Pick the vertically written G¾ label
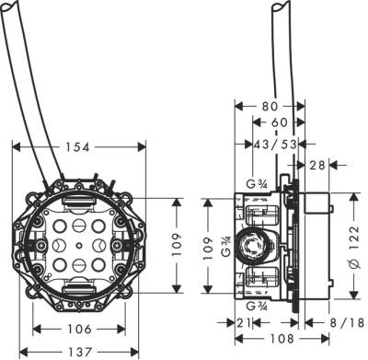tap(227, 247)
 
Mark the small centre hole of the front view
tap(77, 247)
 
